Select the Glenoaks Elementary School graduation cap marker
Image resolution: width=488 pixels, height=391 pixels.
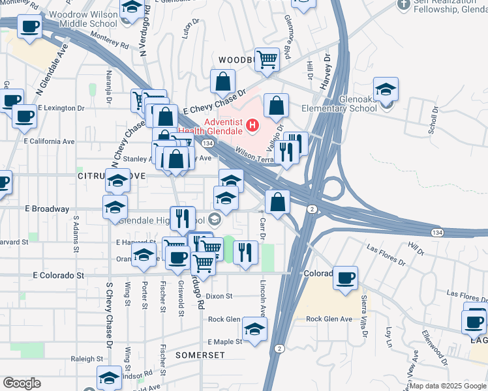tap(386, 89)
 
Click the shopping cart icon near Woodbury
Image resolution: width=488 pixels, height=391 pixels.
tap(267, 60)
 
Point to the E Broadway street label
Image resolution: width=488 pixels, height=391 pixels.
tap(46, 209)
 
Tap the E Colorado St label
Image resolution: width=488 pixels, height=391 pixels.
tap(59, 276)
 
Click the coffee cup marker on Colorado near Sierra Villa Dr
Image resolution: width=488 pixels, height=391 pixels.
tap(345, 278)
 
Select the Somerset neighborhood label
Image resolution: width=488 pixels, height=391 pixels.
tap(200, 355)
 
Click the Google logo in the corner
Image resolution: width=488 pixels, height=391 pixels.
tap(22, 383)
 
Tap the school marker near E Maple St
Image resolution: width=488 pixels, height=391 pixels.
tap(254, 329)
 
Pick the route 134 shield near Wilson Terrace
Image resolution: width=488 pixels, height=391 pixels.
tap(207, 142)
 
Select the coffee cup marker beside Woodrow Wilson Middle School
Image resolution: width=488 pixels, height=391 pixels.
tap(29, 27)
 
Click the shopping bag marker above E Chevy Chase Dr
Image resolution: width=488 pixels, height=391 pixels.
tap(222, 82)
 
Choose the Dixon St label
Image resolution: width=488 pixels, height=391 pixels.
tap(220, 296)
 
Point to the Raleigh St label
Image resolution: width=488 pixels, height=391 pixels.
tap(87, 359)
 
